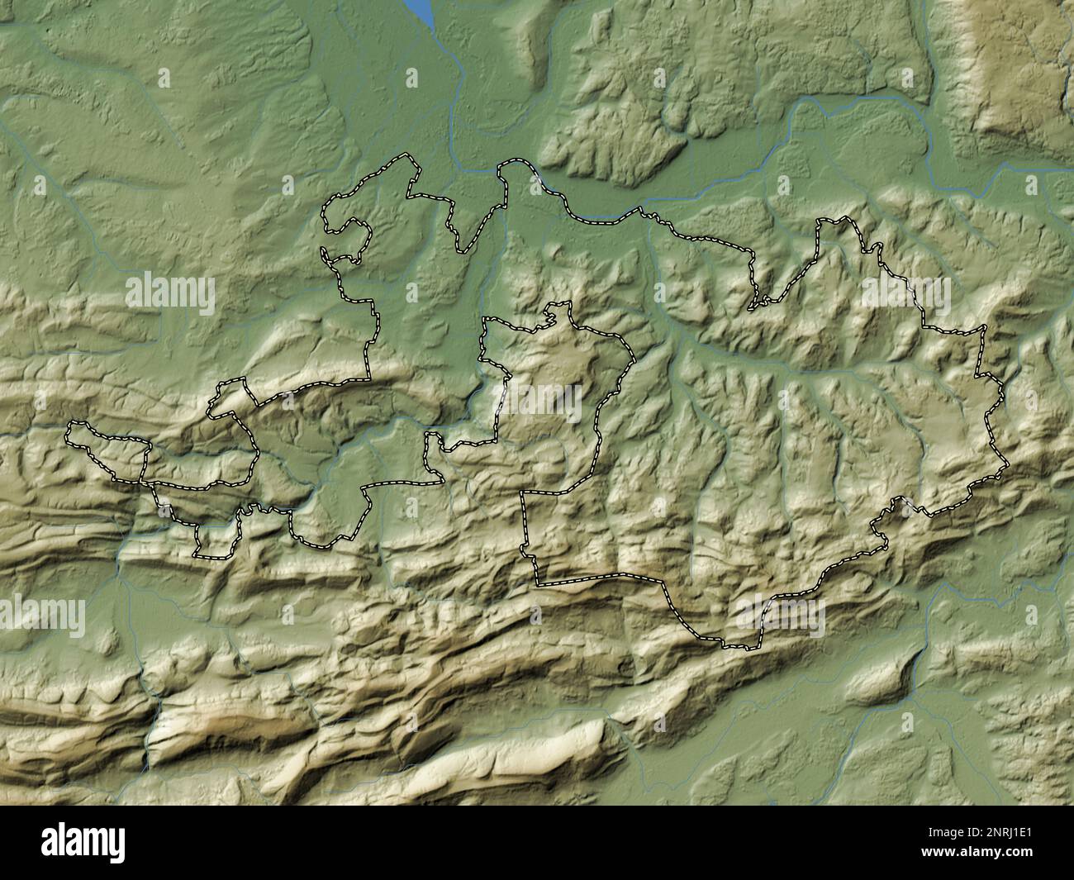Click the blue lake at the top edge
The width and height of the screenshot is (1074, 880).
(x=421, y=10)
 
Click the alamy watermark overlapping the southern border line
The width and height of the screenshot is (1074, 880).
(x=781, y=616)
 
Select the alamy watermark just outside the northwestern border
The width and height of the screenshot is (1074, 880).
(x=171, y=294)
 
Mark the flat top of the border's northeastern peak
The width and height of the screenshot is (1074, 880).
(x=834, y=221)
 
